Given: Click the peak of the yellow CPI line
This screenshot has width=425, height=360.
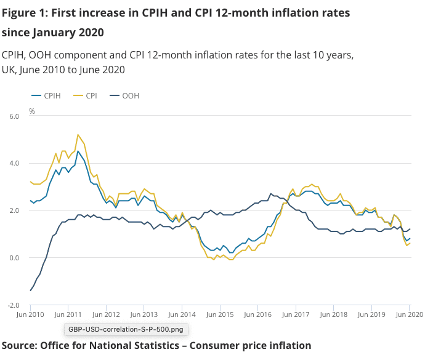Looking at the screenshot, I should (78, 134).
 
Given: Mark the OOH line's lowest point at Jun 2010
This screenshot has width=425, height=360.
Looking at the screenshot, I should (30, 290).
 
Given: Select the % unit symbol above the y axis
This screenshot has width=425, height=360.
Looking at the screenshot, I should (32, 111).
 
